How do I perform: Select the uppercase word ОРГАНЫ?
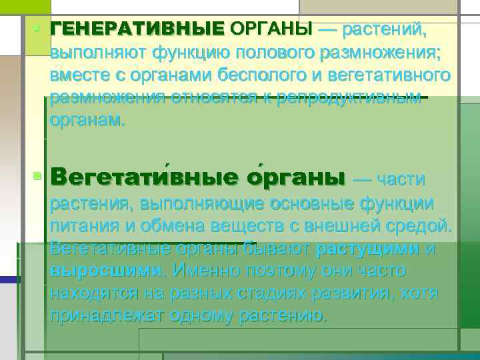[271, 29]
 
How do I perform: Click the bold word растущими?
[367, 249]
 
